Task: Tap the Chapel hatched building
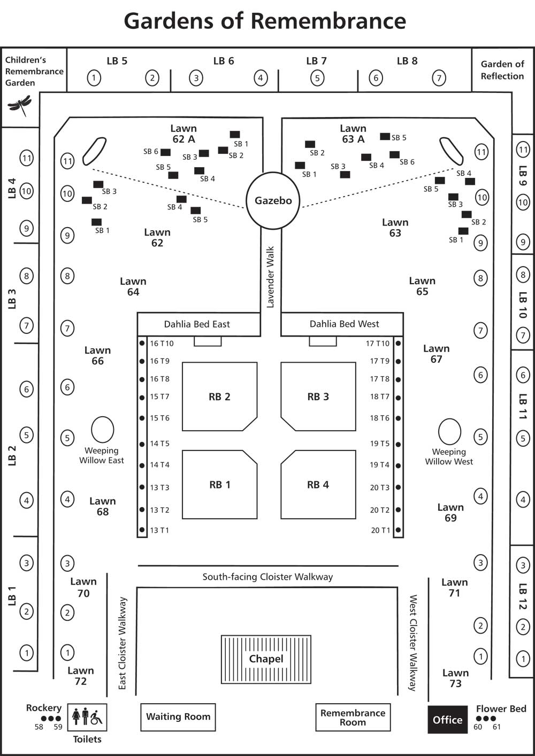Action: [x=266, y=659]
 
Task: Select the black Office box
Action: [x=447, y=720]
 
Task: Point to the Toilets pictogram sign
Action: [x=87, y=718]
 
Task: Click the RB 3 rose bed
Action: [x=318, y=396]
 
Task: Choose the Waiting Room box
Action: [x=178, y=716]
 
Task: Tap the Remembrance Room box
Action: [x=353, y=717]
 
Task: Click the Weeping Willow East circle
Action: [x=102, y=430]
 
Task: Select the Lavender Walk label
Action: [x=271, y=277]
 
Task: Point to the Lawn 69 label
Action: [x=450, y=512]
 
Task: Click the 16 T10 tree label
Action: [x=162, y=344]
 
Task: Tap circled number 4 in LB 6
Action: [x=261, y=78]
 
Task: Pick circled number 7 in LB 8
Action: [x=439, y=78]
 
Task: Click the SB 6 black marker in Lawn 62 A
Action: [x=165, y=152]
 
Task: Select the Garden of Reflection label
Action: [x=502, y=70]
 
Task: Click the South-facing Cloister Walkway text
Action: [x=267, y=577]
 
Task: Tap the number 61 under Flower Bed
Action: [x=496, y=727]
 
